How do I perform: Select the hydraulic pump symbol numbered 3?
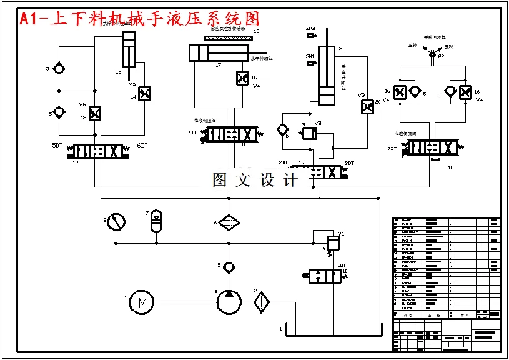[229, 302]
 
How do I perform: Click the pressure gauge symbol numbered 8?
[116, 221]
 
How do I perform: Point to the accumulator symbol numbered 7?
[156, 220]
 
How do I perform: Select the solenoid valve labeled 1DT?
[322, 276]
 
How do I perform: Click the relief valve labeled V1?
[334, 241]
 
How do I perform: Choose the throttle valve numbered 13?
[95, 114]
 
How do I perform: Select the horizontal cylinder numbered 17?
[219, 52]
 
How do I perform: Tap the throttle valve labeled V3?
[367, 107]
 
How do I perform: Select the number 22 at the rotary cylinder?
[442, 56]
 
